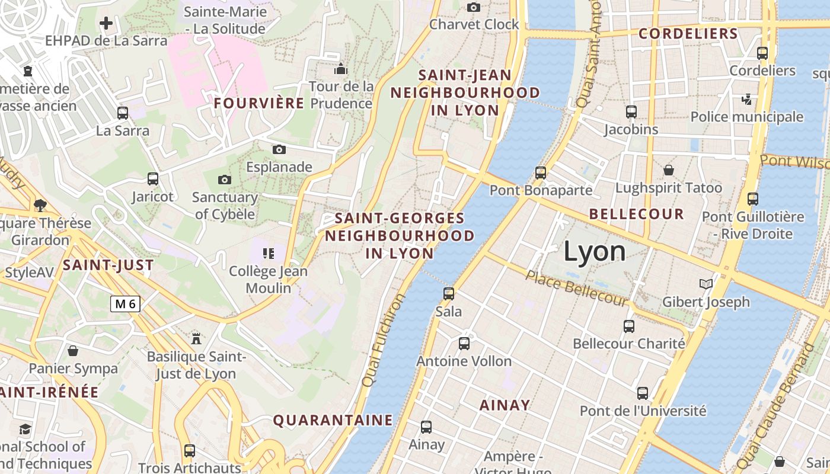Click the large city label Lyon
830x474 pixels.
[594, 251]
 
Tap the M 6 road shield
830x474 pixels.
[126, 304]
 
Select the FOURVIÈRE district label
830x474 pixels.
[259, 103]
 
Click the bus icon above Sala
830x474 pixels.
[449, 293]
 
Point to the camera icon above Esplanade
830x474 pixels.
[279, 149]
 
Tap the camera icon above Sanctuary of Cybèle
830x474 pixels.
[225, 180]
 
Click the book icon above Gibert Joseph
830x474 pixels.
[705, 284]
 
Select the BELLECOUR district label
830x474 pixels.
[637, 214]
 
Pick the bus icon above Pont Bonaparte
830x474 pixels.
[541, 172]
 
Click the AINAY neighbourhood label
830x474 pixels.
[505, 405]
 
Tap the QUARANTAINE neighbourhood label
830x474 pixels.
[333, 420]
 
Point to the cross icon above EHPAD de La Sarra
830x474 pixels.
[106, 23]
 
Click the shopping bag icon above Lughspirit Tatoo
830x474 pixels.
[669, 170]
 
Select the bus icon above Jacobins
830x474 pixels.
[631, 111]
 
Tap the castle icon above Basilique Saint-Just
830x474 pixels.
[196, 338]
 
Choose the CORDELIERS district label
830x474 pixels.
[688, 33]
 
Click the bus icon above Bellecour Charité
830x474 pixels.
[629, 326]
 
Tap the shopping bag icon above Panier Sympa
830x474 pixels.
[73, 351]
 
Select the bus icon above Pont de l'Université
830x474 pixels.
[643, 393]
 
